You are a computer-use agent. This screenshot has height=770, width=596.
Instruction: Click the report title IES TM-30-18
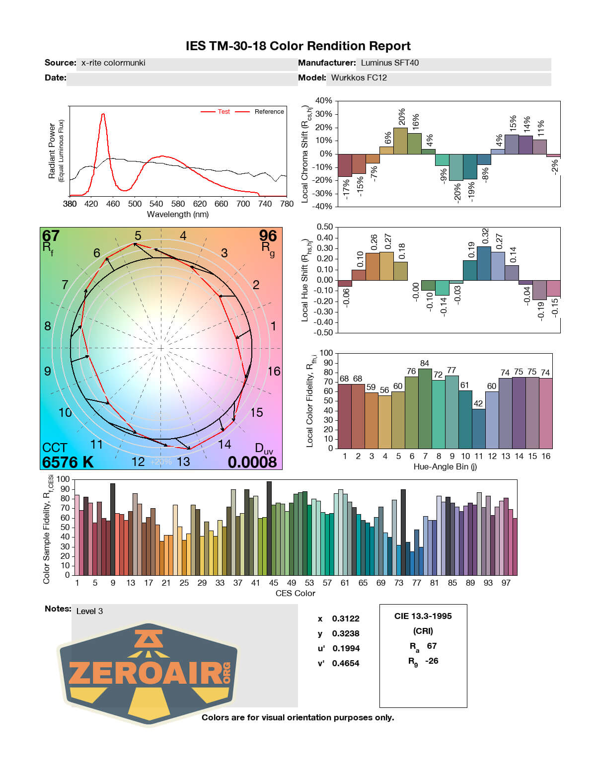point(298,46)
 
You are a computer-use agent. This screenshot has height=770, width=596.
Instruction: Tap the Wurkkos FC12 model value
point(359,78)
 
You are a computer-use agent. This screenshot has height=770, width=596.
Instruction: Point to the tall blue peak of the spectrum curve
point(103,115)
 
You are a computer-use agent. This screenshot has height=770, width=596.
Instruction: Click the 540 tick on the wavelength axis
point(156,204)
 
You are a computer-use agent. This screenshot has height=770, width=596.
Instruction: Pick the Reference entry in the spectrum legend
point(269,112)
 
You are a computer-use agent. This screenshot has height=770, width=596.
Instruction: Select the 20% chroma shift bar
point(400,141)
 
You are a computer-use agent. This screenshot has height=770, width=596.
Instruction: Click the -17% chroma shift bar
point(344,165)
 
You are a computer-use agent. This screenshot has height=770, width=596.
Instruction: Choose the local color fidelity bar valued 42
point(478,428)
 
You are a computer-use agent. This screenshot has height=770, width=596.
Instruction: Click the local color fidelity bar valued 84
point(425,408)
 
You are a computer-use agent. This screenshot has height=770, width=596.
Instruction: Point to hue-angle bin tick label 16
point(546,457)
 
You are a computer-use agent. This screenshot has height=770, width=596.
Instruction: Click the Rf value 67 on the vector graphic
point(51,235)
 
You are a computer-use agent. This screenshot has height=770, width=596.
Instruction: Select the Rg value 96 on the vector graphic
point(268,235)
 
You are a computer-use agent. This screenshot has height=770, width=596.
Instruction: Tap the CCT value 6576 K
point(68,462)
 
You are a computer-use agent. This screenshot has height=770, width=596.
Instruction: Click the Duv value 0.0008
point(252,462)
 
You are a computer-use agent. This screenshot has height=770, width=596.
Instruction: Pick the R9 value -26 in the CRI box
point(432,661)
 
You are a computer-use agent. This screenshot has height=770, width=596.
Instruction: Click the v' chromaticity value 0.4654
point(346,663)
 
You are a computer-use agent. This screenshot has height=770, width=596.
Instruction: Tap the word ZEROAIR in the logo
point(144,674)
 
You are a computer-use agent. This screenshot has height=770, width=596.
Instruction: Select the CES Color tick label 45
point(274,583)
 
